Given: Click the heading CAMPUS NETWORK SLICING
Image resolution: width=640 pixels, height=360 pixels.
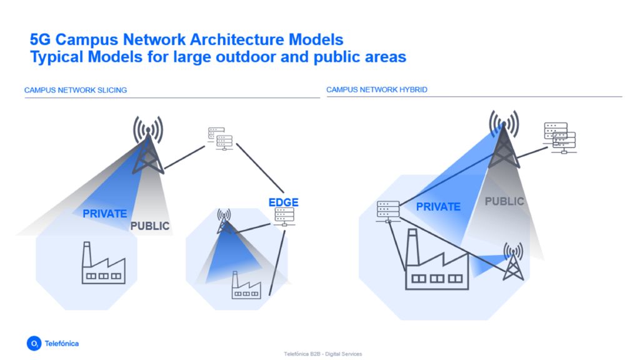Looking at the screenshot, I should click(x=76, y=90).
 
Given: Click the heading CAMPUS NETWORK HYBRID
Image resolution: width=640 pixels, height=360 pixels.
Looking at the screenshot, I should click(x=377, y=90).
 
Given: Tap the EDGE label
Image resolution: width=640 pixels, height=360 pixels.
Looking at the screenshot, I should click(x=283, y=202).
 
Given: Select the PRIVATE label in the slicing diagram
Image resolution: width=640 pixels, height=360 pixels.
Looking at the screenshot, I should click(x=104, y=214).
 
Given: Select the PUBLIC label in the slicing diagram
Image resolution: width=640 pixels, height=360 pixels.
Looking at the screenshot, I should click(x=150, y=226).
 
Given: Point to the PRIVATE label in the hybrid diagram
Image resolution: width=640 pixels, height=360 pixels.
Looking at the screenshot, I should click(x=438, y=207).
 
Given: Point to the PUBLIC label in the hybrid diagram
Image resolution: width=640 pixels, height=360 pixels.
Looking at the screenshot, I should click(x=504, y=202).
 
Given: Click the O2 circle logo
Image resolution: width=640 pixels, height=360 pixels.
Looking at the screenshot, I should click(x=34, y=343).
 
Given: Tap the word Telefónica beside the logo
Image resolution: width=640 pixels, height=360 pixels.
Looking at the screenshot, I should click(x=62, y=343).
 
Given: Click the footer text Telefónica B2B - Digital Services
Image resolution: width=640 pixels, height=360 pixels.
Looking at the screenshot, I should click(x=322, y=354).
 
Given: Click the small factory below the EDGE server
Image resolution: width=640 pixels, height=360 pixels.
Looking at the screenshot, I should click(x=246, y=286).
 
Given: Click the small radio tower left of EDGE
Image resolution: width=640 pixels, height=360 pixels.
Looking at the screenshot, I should click(x=224, y=222).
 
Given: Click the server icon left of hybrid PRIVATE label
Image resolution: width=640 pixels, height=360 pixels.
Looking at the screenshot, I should click(x=388, y=211).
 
